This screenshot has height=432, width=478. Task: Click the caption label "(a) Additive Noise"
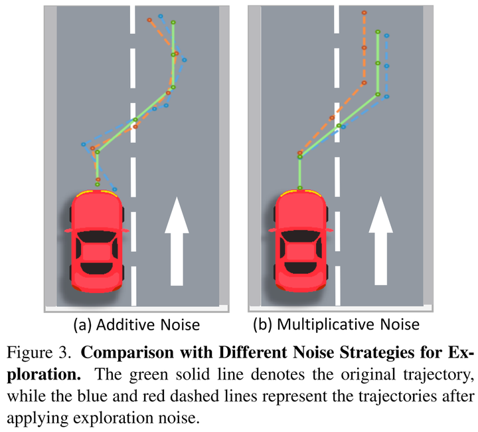(137, 324)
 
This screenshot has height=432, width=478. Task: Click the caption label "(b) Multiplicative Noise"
(339, 324)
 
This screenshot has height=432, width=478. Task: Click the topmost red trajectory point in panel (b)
(364, 13)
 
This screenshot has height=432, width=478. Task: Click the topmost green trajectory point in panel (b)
(378, 32)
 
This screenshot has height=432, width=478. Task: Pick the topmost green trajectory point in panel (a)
(173, 23)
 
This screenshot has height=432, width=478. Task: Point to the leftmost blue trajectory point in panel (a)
(83, 144)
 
